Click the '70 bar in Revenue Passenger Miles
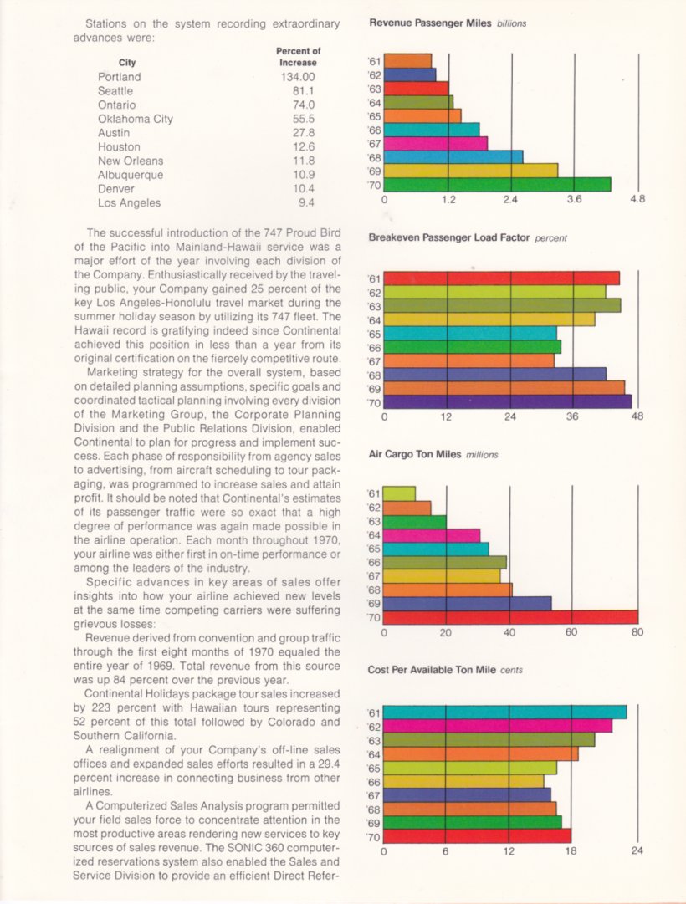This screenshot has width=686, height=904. pyautogui.click(x=497, y=185)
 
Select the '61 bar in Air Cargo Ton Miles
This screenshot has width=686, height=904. pyautogui.click(x=399, y=494)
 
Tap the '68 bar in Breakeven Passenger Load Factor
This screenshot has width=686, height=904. pyautogui.click(x=494, y=374)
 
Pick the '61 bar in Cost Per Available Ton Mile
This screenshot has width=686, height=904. pyautogui.click(x=504, y=712)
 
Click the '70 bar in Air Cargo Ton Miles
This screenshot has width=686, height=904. pyautogui.click(x=510, y=617)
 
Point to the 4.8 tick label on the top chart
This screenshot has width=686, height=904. pyautogui.click(x=637, y=200)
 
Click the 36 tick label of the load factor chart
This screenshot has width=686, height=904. pyautogui.click(x=571, y=416)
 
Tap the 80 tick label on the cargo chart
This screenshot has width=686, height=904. pyautogui.click(x=637, y=632)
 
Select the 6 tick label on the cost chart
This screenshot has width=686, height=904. pyautogui.click(x=445, y=851)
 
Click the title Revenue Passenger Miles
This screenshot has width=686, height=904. pyautogui.click(x=430, y=23)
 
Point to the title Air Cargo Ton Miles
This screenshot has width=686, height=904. pyautogui.click(x=415, y=454)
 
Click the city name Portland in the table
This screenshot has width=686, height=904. pyautogui.click(x=119, y=77)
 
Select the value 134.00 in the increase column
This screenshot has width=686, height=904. pyautogui.click(x=298, y=77)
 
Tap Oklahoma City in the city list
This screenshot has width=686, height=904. pyautogui.click(x=135, y=120)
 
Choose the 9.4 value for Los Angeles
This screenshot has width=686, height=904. pyautogui.click(x=306, y=203)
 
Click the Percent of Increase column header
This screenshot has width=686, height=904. pyautogui.click(x=299, y=57)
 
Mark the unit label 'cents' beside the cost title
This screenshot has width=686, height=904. pyautogui.click(x=511, y=670)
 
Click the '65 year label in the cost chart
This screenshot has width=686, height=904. pyautogui.click(x=374, y=769)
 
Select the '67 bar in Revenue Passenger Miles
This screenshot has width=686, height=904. pyautogui.click(x=436, y=143)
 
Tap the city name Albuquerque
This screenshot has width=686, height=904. pyautogui.click(x=131, y=176)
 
